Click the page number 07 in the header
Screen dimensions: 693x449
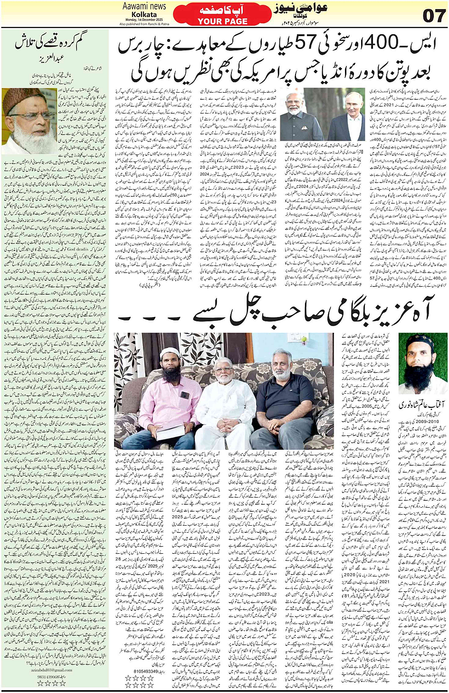(433, 16)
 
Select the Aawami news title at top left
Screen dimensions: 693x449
(144, 6)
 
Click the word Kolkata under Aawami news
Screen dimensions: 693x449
(144, 14)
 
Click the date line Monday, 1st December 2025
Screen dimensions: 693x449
(144, 20)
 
